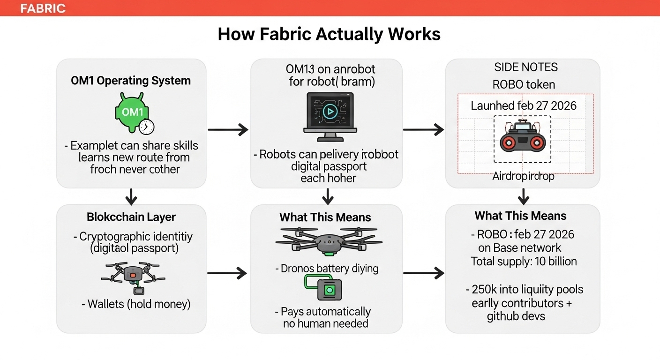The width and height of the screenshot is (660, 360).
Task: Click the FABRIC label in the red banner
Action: tap(43, 8)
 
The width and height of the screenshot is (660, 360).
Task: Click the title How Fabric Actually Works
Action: tap(329, 34)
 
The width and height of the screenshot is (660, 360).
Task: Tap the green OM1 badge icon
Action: tap(132, 112)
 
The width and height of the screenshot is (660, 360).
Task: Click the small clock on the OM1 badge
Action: tap(147, 127)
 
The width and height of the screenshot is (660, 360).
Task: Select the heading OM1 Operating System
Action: tap(131, 81)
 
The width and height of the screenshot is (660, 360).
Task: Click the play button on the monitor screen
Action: tap(330, 112)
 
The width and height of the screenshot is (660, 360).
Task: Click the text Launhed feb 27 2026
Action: tap(523, 105)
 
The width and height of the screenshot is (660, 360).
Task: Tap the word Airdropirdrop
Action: tap(523, 176)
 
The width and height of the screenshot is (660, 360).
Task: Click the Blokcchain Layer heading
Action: tap(131, 217)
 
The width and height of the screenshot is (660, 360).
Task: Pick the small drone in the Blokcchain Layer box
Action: tap(132, 277)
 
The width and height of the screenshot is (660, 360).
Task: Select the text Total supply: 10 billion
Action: tap(524, 261)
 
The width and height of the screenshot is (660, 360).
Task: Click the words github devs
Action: tap(516, 316)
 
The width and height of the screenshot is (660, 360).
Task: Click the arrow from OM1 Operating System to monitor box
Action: tap(228, 130)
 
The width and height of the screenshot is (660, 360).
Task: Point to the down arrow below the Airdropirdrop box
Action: tap(523, 195)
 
